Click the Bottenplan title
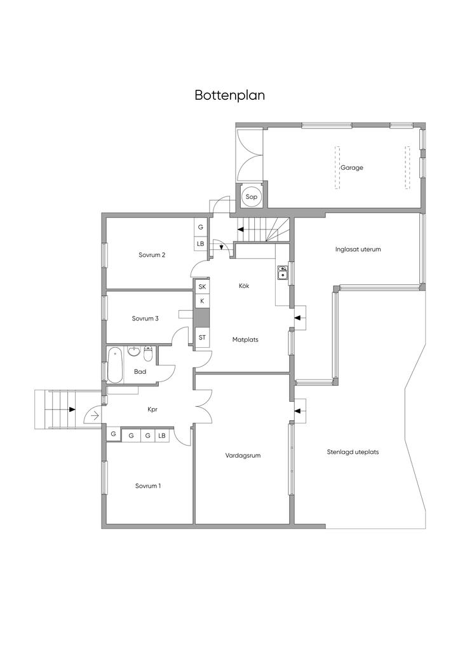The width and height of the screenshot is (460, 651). (x=230, y=95)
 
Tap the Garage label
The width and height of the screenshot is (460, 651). (x=352, y=168)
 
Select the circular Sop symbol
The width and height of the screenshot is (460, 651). (x=252, y=197)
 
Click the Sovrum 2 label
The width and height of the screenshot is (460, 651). (x=152, y=255)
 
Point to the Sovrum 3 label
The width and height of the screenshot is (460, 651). (x=145, y=319)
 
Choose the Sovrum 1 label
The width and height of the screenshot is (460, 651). (x=148, y=486)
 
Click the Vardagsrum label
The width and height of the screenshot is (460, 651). (x=243, y=455)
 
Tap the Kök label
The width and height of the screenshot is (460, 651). (x=245, y=285)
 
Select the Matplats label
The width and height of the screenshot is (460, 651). (x=245, y=339)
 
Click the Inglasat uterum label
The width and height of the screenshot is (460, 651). (x=358, y=249)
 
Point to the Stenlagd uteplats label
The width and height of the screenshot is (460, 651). (x=353, y=452)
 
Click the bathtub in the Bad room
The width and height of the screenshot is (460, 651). (x=115, y=366)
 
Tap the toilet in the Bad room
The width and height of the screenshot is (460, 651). (x=149, y=353)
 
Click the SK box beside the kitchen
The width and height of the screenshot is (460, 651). (x=202, y=287)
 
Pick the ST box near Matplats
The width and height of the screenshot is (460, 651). (x=202, y=338)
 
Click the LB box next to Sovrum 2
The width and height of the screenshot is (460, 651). (x=200, y=243)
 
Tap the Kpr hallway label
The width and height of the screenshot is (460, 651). (x=152, y=409)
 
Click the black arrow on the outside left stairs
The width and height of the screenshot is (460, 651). (x=72, y=409)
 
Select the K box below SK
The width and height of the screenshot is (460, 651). (x=202, y=301)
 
